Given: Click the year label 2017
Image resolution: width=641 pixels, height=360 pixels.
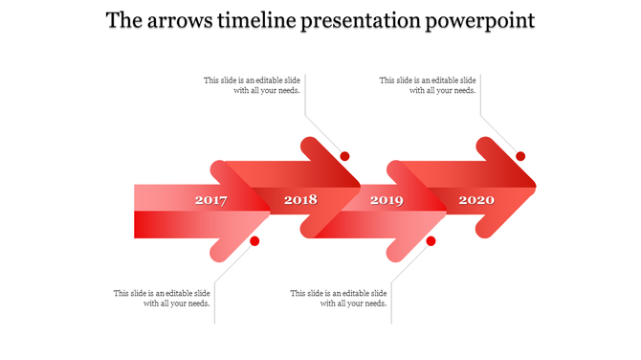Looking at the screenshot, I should tap(210, 200).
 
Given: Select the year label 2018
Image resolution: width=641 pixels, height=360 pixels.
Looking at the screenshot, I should tap(300, 200).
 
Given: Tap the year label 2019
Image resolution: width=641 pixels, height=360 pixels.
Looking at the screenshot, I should tap(387, 200).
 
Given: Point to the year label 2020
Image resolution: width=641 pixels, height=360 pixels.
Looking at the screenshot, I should tap(476, 200).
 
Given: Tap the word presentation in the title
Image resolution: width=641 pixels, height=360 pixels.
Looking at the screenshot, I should tap(368, 21).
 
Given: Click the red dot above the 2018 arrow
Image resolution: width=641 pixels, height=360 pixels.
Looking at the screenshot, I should tap(345, 156).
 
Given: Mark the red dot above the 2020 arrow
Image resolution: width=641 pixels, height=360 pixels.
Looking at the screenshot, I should tap(521, 156).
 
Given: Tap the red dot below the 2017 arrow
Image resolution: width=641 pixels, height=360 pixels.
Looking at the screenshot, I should tap(254, 241).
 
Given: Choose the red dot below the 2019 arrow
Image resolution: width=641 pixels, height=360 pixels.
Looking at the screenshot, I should tap(431, 241).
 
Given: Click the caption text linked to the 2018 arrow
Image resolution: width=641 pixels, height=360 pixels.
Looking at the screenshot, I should tap(253, 86).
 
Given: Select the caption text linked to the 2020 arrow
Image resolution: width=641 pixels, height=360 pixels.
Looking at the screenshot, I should tap(428, 86).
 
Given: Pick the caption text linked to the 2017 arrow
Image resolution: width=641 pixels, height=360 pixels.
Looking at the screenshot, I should tap(163, 298).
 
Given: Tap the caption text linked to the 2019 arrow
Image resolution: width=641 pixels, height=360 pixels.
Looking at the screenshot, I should tap(339, 298).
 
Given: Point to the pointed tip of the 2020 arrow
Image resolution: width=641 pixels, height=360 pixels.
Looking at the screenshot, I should tap(535, 186).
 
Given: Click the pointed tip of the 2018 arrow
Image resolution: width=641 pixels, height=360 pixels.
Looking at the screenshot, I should tap(359, 186).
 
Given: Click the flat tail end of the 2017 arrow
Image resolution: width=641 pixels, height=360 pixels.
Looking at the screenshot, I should tap(137, 211).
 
